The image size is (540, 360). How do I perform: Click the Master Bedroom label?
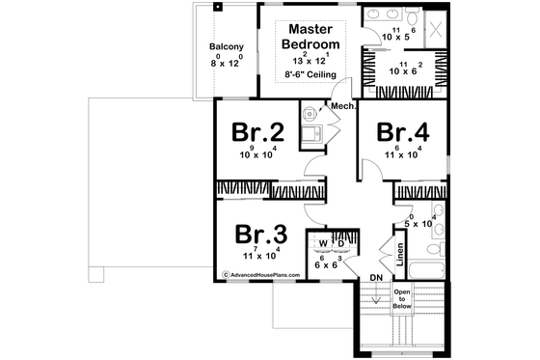pyautogui.click(x=310, y=37)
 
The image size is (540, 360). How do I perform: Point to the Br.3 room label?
pyautogui.click(x=259, y=235)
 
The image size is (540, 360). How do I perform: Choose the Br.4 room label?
pyautogui.click(x=404, y=130)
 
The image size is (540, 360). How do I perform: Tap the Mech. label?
pyautogui.click(x=343, y=106)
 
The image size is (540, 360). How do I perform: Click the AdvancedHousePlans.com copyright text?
pyautogui.click(x=262, y=274)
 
